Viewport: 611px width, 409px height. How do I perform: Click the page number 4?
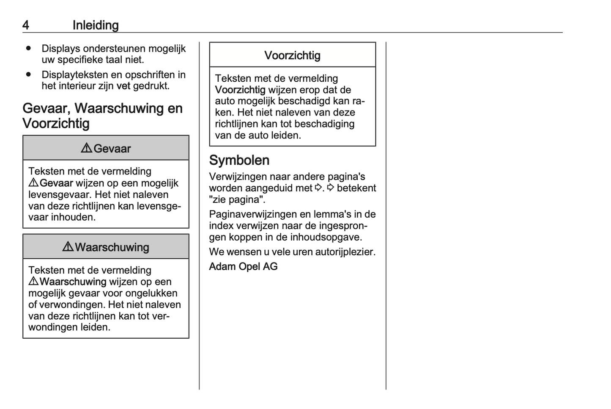click(x=26, y=25)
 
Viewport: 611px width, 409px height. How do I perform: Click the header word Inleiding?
click(x=96, y=25)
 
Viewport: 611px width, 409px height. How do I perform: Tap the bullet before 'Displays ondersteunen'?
click(x=29, y=48)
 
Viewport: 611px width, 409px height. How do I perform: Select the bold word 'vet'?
click(x=123, y=86)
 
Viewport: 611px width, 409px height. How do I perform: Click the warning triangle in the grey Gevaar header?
click(x=86, y=148)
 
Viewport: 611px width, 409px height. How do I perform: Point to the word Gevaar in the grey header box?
click(x=112, y=149)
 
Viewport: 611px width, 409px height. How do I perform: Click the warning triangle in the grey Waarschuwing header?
click(x=68, y=247)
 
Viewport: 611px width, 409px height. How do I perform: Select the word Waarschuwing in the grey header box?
click(x=112, y=247)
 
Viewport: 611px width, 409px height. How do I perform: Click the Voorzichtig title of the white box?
click(x=292, y=55)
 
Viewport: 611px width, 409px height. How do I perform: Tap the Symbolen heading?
click(x=239, y=160)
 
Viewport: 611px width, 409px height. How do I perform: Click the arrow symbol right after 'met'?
click(x=318, y=188)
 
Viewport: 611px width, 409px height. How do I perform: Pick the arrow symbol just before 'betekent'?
click(x=331, y=188)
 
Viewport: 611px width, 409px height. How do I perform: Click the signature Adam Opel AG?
click(x=243, y=266)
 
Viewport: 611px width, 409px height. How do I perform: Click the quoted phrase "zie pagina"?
click(x=237, y=199)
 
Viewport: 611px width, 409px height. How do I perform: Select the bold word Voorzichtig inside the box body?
click(x=240, y=90)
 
